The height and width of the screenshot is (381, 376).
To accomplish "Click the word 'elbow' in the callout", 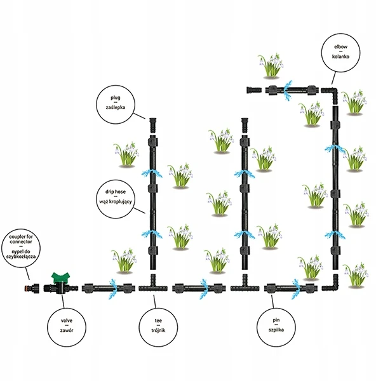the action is (340, 47).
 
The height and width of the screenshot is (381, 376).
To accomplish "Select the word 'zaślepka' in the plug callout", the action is (116, 107).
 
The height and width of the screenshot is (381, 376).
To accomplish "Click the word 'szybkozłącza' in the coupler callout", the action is (21, 257).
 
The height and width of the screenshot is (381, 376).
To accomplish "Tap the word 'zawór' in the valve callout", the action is (67, 330).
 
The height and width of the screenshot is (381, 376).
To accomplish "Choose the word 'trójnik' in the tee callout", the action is (158, 330).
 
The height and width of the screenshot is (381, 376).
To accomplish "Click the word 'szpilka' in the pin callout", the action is (276, 330).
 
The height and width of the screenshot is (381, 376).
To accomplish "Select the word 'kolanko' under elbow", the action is (341, 57).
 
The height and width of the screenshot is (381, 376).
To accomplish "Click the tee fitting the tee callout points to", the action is (153, 286).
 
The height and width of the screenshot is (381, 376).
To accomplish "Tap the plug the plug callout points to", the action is (152, 125).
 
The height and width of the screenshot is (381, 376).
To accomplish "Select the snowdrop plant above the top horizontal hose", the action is (271, 65).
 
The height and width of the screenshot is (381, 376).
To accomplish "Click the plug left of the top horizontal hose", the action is (254, 90).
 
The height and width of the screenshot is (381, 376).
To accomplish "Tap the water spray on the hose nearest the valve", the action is (113, 288).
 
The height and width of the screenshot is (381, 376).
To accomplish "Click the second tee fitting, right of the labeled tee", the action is (245, 286).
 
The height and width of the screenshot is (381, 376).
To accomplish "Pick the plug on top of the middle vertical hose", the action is (245, 125).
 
